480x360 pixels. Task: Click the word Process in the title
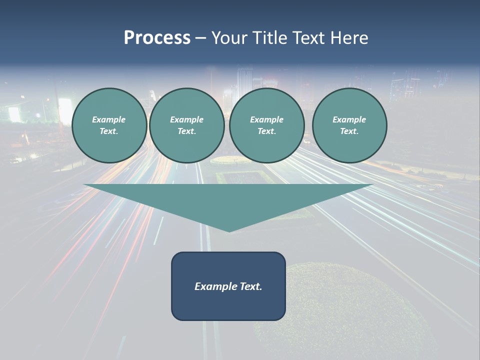pos(157,38)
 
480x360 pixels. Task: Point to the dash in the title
pos(200,39)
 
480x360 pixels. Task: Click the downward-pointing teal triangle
pos(228,200)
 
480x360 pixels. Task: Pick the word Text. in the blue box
pos(251,286)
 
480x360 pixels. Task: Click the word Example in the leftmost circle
pos(109,119)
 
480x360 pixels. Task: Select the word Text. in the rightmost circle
pos(349,131)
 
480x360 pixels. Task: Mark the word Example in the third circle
pos(267,119)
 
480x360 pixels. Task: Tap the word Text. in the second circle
pos(187,131)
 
